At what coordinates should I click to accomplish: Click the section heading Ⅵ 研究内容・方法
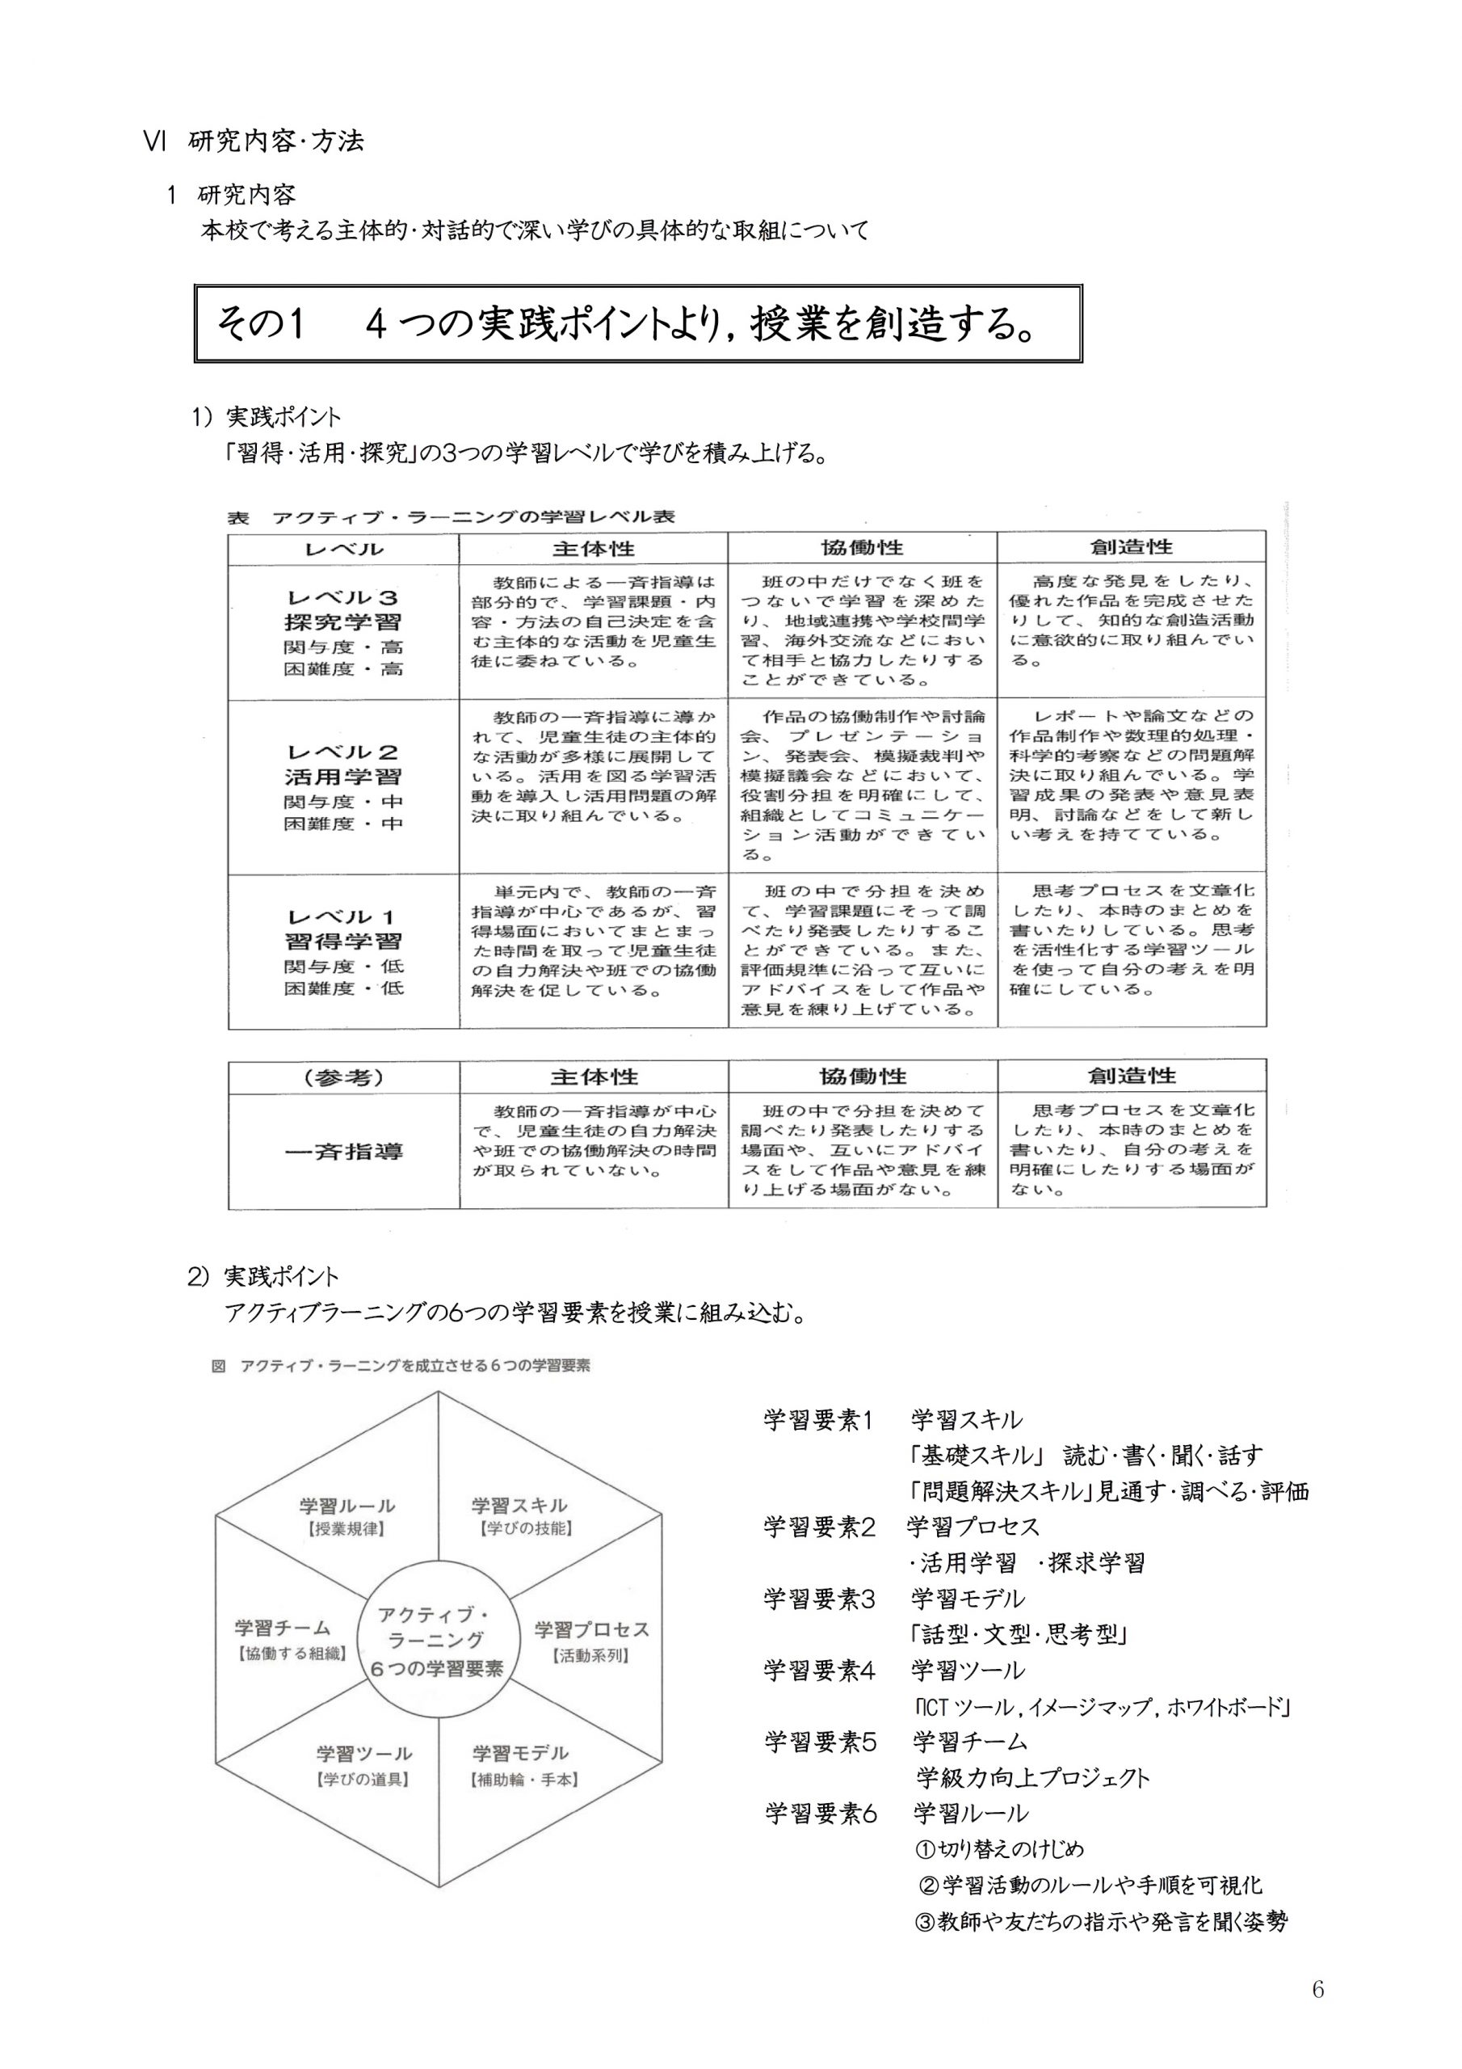point(255,141)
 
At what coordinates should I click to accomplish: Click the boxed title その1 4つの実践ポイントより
point(625,324)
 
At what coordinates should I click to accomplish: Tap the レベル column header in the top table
point(343,549)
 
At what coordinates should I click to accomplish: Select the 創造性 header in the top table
point(1132,547)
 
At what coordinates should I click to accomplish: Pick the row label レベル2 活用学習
point(343,765)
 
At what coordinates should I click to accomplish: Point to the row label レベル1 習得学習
point(343,929)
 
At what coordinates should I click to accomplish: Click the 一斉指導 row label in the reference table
point(343,1151)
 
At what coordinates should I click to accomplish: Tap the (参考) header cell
point(343,1077)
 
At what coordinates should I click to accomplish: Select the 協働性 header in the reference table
point(862,1076)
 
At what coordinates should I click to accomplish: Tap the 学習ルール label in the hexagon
point(347,1506)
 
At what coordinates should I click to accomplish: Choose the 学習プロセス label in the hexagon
point(591,1629)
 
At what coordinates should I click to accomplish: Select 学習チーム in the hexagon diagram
point(283,1628)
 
